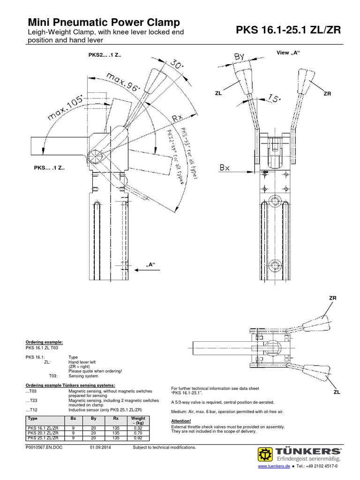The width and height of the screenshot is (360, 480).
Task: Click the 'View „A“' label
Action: [287, 52]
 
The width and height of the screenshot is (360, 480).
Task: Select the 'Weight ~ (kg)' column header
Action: [138, 420]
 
